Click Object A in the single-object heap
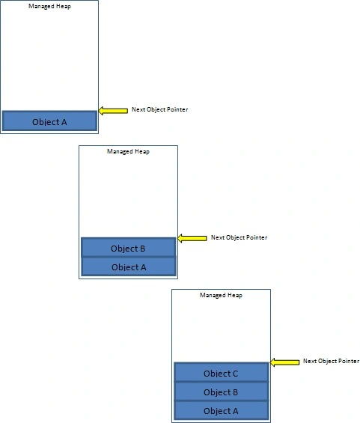tap(49, 121)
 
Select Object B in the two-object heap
tap(129, 247)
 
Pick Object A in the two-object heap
tap(129, 267)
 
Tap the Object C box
tap(221, 372)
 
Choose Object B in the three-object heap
tap(221, 392)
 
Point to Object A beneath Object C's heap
tap(221, 410)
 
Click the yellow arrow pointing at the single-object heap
tap(113, 111)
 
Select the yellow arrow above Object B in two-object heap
tap(192, 238)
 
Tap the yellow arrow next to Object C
tap(284, 362)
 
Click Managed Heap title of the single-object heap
tap(49, 6)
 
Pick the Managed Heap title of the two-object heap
tap(129, 151)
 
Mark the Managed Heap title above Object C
tap(221, 295)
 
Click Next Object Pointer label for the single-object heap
tap(160, 109)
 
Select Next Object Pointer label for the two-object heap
tap(240, 237)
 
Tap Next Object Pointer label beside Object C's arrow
tap(331, 361)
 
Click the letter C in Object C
tap(235, 374)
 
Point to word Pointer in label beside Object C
tap(349, 361)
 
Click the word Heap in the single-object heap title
tap(64, 7)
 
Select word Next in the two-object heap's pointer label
tap(217, 237)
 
